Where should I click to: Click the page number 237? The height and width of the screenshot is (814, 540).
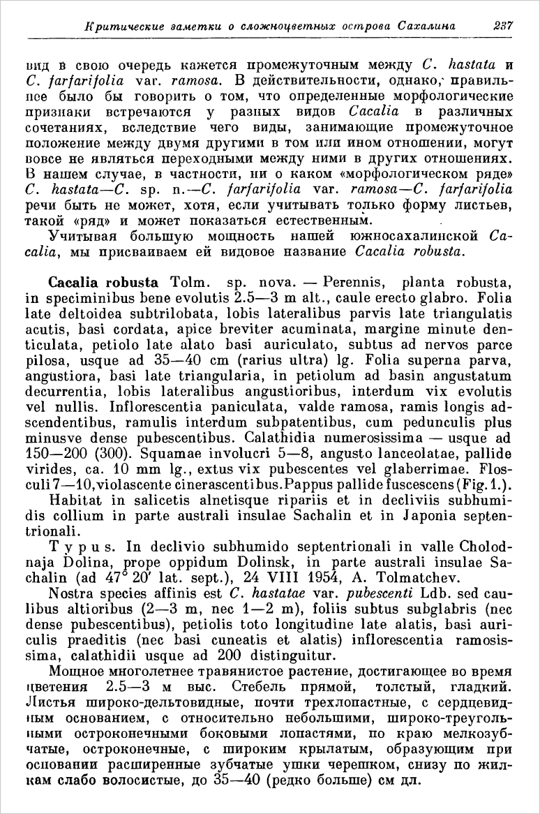point(502,26)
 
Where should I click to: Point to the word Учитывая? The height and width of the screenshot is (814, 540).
point(82,235)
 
